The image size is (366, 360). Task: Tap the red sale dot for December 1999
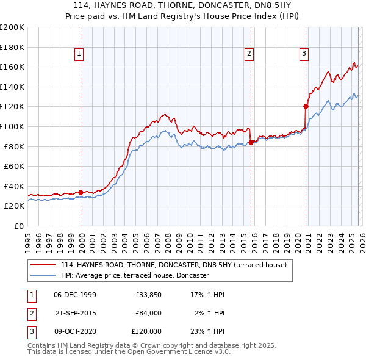coord(81,192)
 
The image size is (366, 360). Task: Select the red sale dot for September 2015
coord(251,142)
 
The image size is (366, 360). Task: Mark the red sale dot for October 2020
coord(306,106)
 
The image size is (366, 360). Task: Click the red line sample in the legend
coord(45,265)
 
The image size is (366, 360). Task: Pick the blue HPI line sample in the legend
coord(45,275)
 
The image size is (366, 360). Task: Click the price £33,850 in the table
coord(148,295)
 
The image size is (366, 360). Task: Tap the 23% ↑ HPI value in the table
coord(207,331)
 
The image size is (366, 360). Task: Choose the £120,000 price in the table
coord(146,331)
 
